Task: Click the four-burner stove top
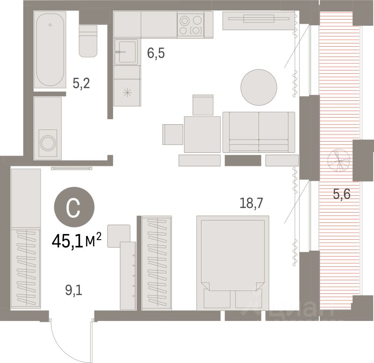[191, 25]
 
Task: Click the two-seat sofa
[259, 132]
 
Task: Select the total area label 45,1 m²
[77, 241]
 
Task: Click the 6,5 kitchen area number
[156, 53]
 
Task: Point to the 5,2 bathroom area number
[81, 84]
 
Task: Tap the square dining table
[202, 135]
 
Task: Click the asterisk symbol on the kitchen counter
[126, 92]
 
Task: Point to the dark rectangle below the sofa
[242, 161]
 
